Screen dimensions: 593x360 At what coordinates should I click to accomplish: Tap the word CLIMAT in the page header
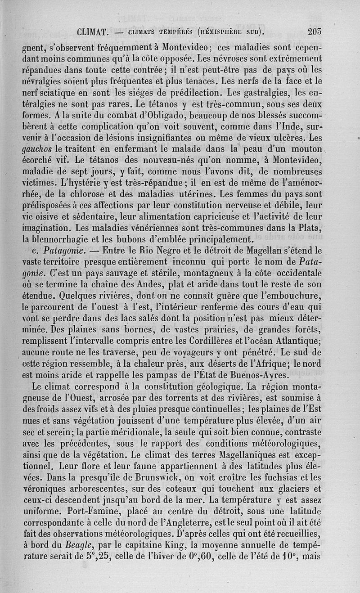tap(91, 32)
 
